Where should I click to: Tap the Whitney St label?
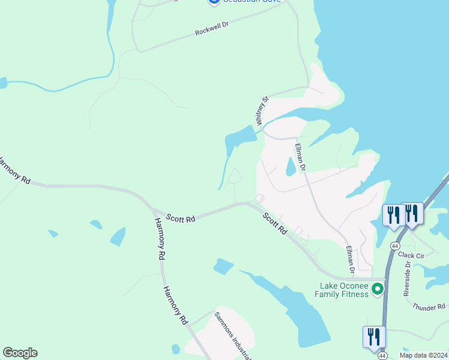pyautogui.click(x=261, y=111)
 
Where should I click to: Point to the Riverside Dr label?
pyautogui.click(x=407, y=279)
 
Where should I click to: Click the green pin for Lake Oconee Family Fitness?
pyautogui.click(x=378, y=289)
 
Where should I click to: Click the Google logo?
pyautogui.click(x=20, y=353)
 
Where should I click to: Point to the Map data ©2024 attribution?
pyautogui.click(x=423, y=355)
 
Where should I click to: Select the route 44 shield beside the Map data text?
pyautogui.click(x=382, y=356)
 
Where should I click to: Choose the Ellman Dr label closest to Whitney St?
pyautogui.click(x=301, y=157)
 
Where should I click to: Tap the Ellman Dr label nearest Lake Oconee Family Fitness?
pyautogui.click(x=351, y=259)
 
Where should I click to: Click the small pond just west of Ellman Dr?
pyautogui.click(x=291, y=166)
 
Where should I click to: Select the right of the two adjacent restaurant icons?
pyautogui.click(x=412, y=214)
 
